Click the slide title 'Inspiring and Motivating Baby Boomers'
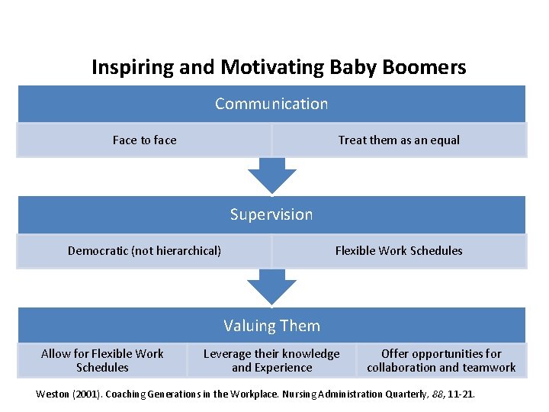[278, 67]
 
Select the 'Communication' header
[271, 104]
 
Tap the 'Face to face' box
[144, 140]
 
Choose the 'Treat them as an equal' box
[399, 140]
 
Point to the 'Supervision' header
[271, 214]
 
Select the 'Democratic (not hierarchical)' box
[144, 251]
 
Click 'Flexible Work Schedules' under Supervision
[399, 251]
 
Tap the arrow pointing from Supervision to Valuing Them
[271, 287]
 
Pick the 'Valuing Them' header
[271, 326]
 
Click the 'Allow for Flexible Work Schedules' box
[102, 360]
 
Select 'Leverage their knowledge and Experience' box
[271, 360]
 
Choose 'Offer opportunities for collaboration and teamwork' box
[441, 360]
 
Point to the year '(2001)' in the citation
[91, 394]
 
